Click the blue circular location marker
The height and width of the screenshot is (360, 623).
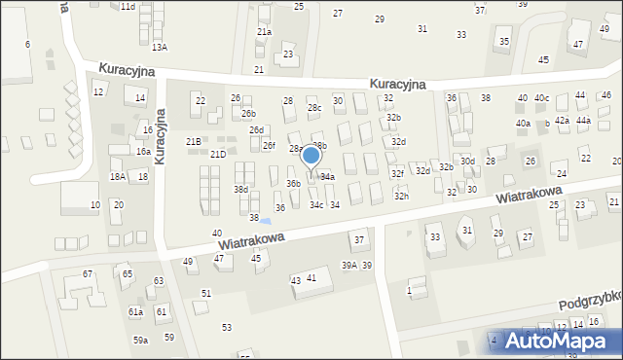coord(311,155)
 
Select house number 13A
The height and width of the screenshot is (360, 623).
coord(159,47)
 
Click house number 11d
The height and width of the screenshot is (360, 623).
coord(128,7)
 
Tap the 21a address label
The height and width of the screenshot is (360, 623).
coord(264,32)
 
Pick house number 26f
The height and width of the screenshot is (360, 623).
coord(269,146)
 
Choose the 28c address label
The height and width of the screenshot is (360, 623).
coord(313,108)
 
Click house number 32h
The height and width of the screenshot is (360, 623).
coord(401,197)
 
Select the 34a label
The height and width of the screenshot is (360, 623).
coord(328,177)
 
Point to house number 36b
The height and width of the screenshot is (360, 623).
coord(292,183)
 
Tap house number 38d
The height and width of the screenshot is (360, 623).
coord(240,190)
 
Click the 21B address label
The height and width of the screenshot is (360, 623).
coord(194,142)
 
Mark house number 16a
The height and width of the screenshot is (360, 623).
coord(142,152)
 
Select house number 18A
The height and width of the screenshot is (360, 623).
coord(117,177)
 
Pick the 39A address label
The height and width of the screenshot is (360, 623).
coord(348,266)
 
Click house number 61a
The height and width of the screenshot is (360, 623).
coord(135,312)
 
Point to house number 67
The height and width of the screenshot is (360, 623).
coord(88,274)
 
